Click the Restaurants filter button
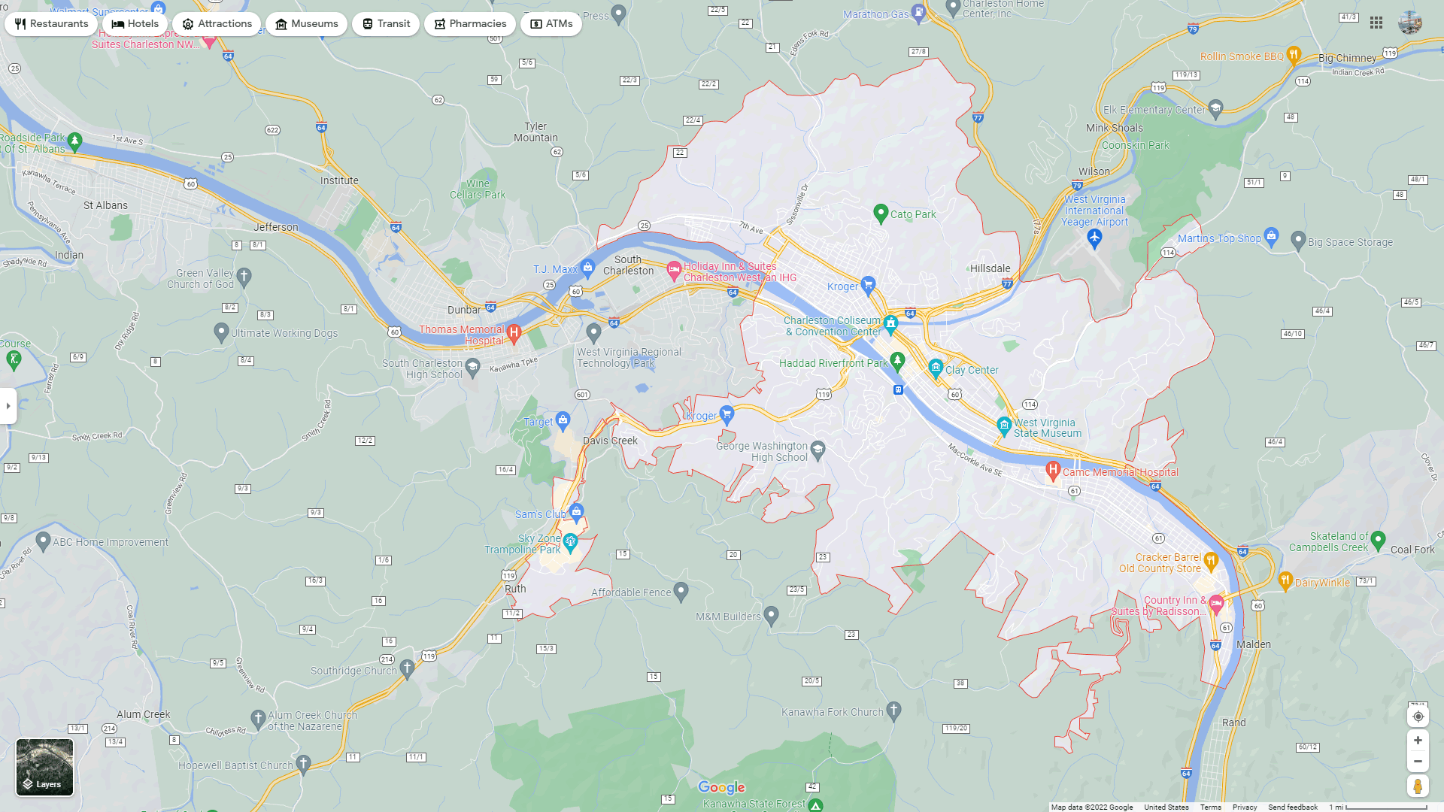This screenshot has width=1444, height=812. (x=51, y=24)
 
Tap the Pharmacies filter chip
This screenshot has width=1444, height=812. (x=469, y=24)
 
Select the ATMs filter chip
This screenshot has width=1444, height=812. (x=551, y=24)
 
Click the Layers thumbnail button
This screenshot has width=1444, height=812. (x=45, y=767)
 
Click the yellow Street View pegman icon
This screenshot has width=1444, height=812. (x=1418, y=786)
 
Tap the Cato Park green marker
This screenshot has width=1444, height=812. (x=881, y=213)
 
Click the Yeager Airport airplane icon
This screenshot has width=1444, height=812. (x=1094, y=238)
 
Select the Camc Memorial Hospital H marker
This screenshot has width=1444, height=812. (x=1053, y=471)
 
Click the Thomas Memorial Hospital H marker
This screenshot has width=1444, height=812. (x=514, y=332)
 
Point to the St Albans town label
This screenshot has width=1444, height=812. (x=105, y=205)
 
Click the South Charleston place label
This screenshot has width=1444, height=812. (x=628, y=265)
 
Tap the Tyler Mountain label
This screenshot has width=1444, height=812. (x=535, y=132)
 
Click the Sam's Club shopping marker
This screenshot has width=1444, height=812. (x=576, y=512)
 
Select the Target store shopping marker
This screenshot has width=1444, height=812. (x=563, y=420)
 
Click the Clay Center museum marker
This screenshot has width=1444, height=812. (x=936, y=367)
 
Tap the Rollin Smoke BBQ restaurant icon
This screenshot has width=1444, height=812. (x=1294, y=54)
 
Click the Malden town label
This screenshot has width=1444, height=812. (x=1254, y=644)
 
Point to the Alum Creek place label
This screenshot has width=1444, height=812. (x=143, y=714)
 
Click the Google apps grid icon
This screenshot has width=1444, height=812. (x=1376, y=23)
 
